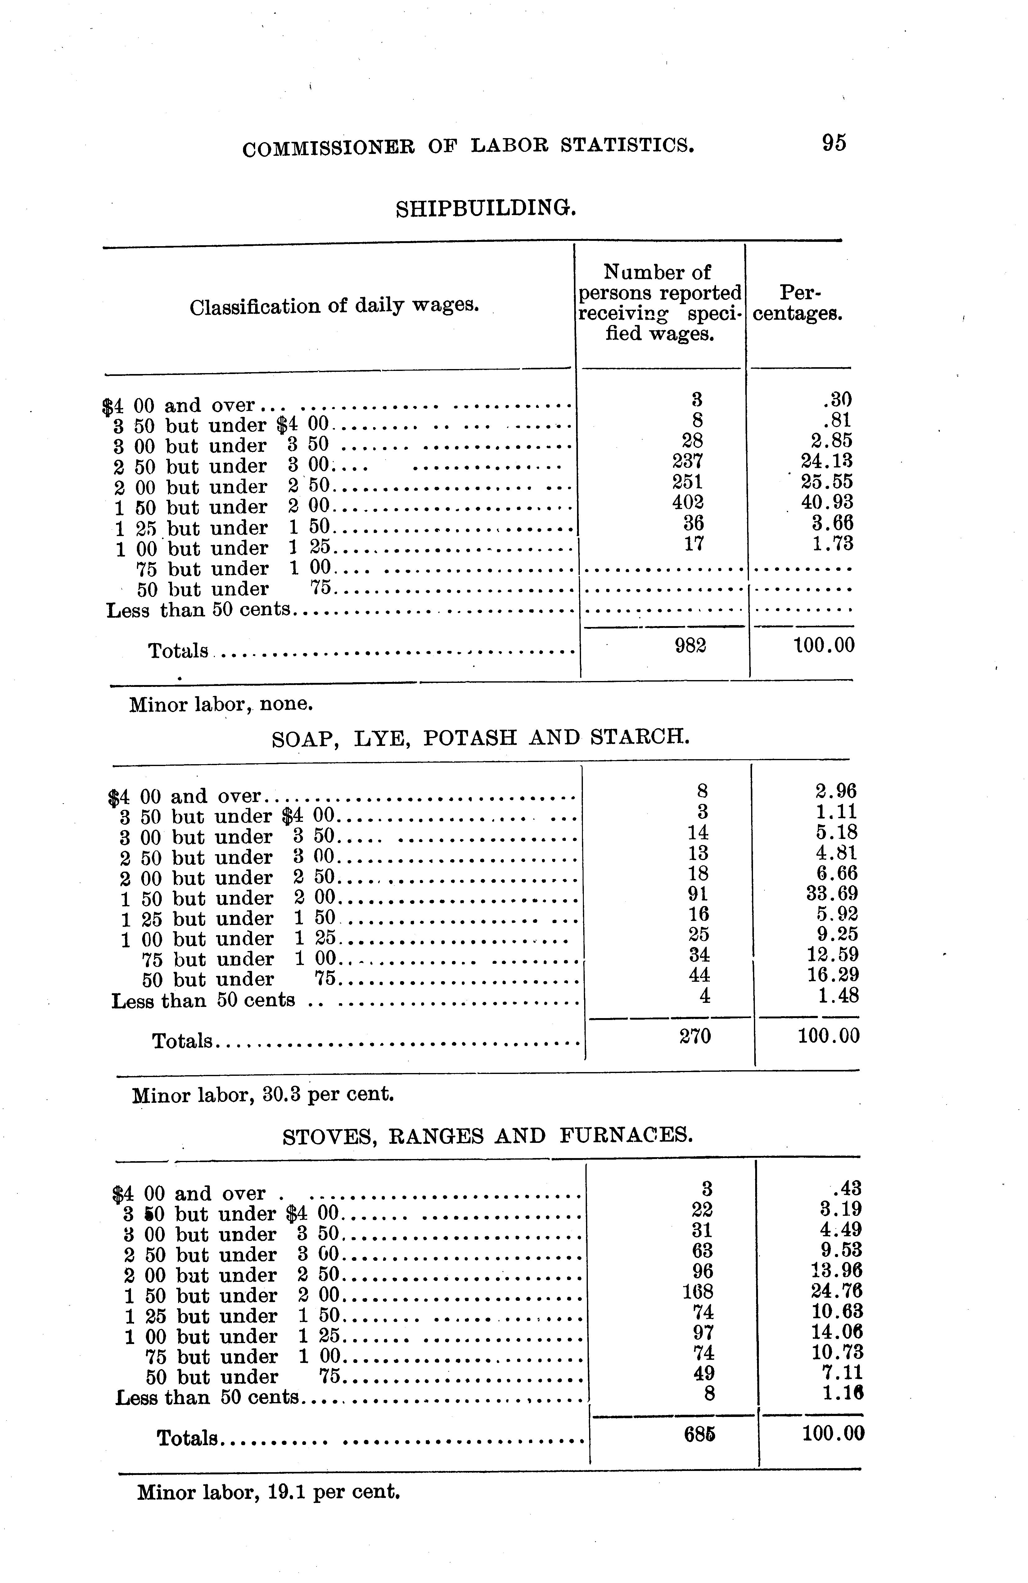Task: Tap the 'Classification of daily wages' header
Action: [335, 307]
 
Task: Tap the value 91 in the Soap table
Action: [698, 893]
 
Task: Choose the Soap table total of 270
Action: [696, 1035]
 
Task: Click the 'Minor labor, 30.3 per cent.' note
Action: [263, 1094]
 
